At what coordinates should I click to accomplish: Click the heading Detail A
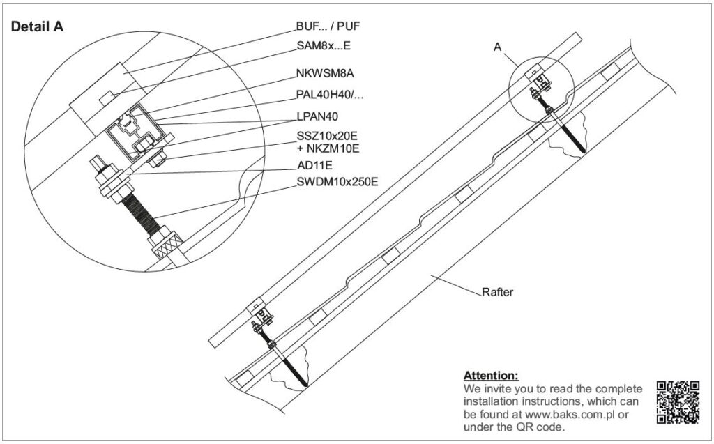point(38,27)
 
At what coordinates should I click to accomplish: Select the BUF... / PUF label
point(328,26)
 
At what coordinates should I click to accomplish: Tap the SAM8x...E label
point(324,45)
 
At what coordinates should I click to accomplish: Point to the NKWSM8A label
point(325,73)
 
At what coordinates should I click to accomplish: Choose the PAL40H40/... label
point(330,95)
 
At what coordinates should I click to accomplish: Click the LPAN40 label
point(317,116)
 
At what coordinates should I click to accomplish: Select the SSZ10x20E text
point(328,136)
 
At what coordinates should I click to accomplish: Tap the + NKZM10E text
point(328,148)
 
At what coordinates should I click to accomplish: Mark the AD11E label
point(314,166)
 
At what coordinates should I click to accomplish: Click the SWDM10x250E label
point(337,182)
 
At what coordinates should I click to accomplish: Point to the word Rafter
point(497,292)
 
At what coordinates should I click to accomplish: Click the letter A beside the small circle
point(498,47)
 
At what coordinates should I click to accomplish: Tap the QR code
point(678,402)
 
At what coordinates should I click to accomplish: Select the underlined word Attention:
point(491,376)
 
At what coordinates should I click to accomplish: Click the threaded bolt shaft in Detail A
point(140,212)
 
